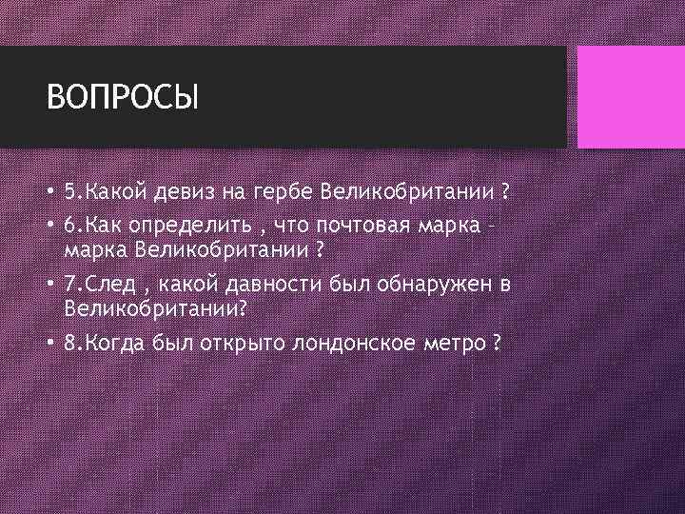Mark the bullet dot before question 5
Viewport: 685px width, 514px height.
click(50, 193)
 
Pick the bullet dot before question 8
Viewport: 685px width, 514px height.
click(50, 343)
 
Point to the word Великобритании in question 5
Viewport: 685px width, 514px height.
click(408, 193)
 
